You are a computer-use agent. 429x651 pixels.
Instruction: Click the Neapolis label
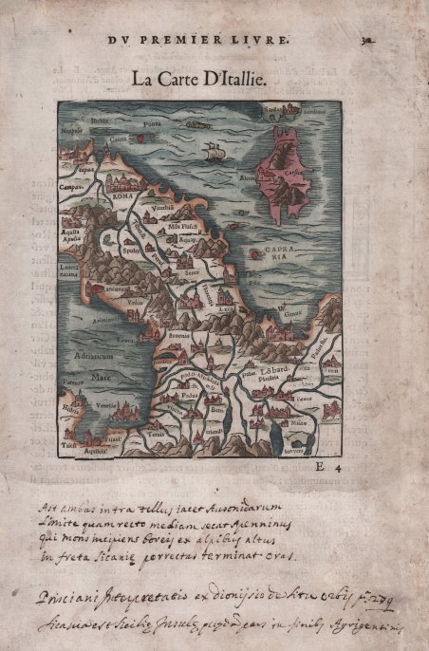[x=72, y=128]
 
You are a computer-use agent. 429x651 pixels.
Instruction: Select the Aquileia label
[x=94, y=452]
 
